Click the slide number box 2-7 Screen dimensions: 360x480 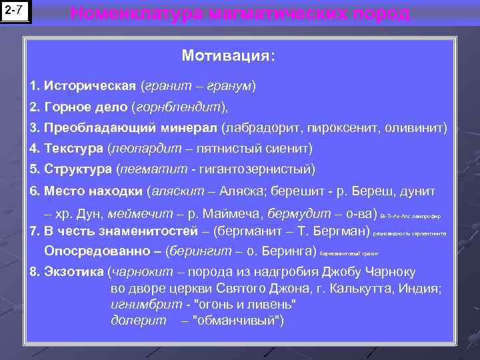pos(16,11)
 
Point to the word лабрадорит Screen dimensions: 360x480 pos(261,127)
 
